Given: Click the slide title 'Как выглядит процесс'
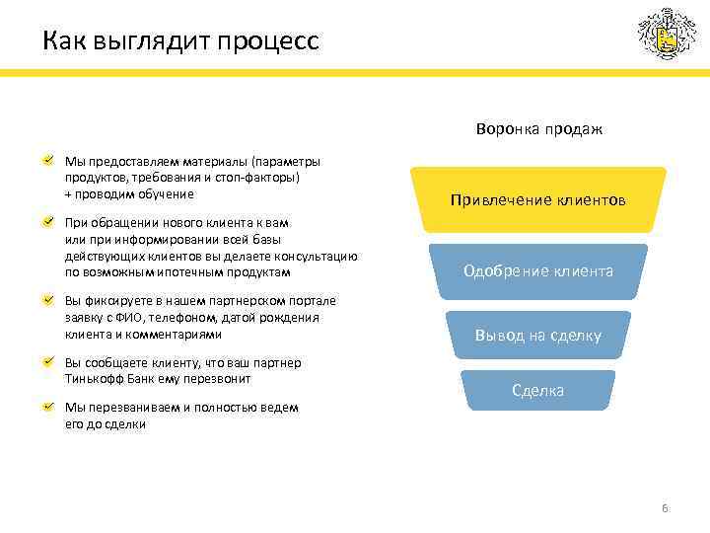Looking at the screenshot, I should pos(180,42).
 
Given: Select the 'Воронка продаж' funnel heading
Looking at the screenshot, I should pos(538,129).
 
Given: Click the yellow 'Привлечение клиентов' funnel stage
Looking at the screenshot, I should pos(537,200).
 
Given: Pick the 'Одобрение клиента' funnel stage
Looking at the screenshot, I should pos(538,270).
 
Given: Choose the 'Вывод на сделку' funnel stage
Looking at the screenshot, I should pos(537,336).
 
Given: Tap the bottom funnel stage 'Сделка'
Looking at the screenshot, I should pos(537,390).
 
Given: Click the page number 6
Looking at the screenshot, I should pos(665,508).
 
